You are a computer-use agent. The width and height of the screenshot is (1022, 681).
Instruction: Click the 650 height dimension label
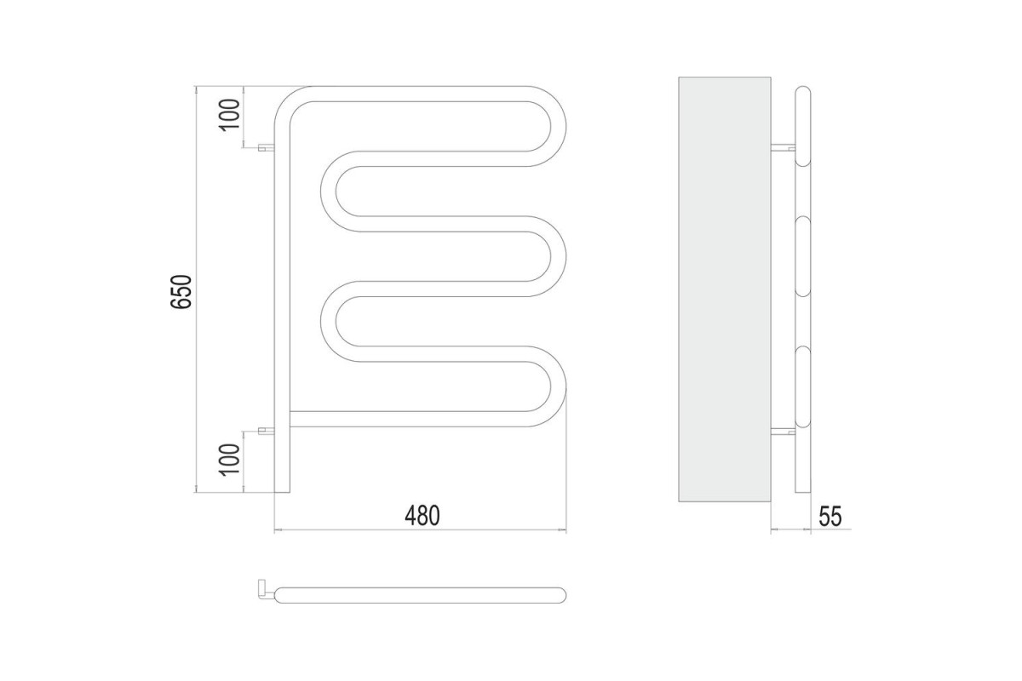tap(181, 292)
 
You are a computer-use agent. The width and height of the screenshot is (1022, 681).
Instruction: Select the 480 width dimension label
tap(422, 515)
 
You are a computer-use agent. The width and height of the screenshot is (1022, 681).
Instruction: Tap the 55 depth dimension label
tap(830, 517)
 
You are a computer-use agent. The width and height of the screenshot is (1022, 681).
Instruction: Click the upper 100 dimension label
tap(229, 115)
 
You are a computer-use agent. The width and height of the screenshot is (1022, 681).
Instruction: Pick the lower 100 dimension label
tap(229, 460)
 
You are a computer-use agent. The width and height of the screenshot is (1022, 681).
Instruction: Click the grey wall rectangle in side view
tap(725, 289)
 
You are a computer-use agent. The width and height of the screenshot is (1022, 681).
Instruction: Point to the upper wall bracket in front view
tap(266, 147)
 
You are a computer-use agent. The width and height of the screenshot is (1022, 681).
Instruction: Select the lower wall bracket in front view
tap(266, 431)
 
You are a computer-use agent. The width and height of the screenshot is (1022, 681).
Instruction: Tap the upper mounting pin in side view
tap(783, 147)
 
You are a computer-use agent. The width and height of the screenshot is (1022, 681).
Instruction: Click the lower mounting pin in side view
tap(783, 431)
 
